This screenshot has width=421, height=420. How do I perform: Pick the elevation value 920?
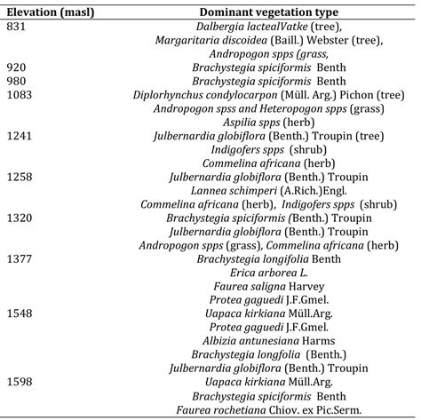pyautogui.click(x=17, y=67)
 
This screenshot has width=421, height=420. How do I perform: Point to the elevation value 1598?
pyautogui.click(x=20, y=380)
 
